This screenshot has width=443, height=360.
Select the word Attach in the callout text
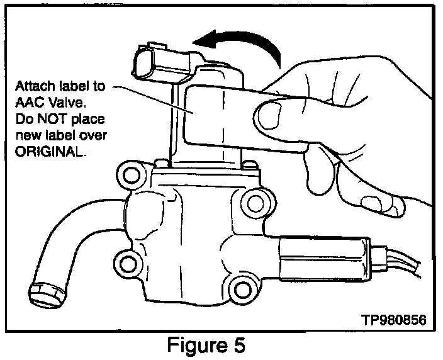34,86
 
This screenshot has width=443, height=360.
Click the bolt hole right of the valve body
254,202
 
